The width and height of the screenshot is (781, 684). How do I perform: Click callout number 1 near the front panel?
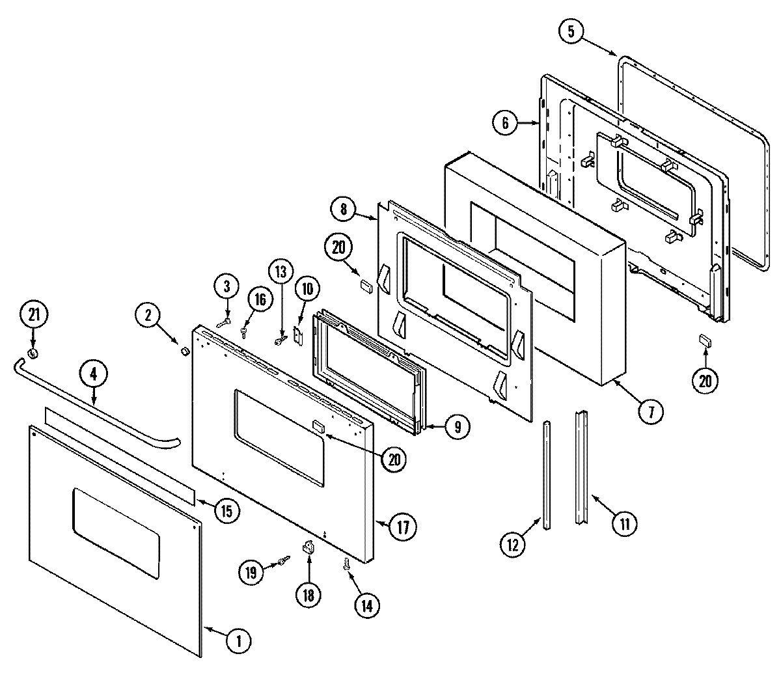[238, 641]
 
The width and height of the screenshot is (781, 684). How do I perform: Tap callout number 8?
[343, 210]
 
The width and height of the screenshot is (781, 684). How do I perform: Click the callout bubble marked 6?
[506, 122]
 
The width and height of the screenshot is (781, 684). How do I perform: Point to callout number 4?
[93, 375]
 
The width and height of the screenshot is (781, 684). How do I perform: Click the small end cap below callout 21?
[33, 353]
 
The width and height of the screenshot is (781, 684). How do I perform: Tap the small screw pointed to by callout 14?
[346, 566]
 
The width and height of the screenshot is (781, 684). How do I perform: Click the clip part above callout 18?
[308, 548]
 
